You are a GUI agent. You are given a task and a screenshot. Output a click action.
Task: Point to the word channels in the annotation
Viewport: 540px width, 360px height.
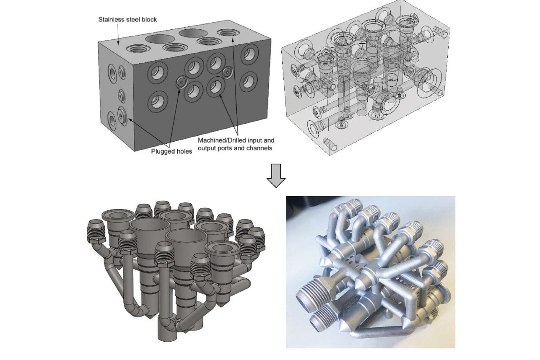261,148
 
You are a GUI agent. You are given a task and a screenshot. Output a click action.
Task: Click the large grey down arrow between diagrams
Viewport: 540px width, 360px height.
276,176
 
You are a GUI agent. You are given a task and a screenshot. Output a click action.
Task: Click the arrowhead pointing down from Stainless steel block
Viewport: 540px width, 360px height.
118,43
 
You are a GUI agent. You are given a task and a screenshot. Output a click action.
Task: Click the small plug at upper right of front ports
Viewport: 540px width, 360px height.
227,72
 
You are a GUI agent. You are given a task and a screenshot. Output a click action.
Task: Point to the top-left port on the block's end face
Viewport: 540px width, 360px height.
113,73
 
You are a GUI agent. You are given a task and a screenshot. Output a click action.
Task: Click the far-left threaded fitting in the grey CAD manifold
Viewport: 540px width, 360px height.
96,232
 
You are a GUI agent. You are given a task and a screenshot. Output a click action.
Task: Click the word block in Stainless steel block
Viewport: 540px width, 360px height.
149,20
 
